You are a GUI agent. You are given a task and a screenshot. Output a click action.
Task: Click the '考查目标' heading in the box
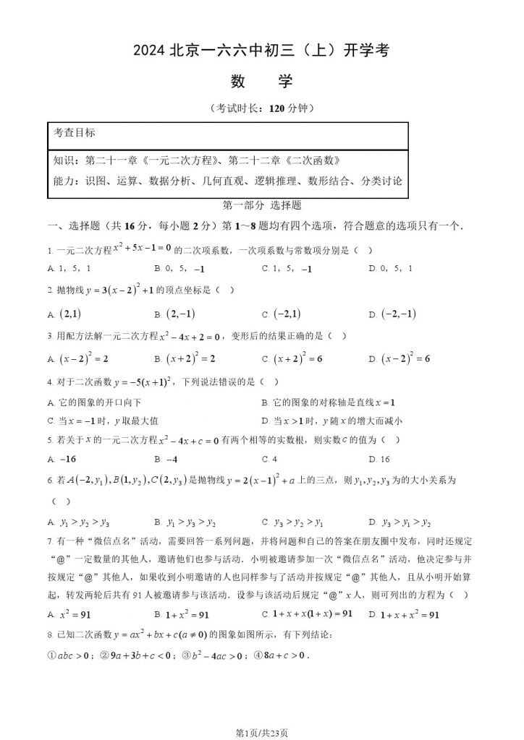[x=75, y=133]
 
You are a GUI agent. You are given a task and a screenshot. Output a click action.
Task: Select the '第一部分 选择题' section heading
[x=262, y=205]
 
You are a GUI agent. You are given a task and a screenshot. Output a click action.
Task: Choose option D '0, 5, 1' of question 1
[x=392, y=268]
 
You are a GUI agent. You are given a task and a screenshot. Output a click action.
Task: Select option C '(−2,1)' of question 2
[x=283, y=314]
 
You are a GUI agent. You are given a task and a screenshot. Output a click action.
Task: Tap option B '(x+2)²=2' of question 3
[x=185, y=358]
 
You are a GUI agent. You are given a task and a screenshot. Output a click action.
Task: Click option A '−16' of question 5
[x=62, y=459]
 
